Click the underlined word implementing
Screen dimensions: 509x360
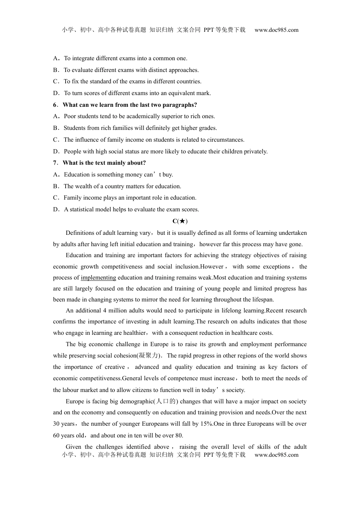(98, 278)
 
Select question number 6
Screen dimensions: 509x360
(55, 105)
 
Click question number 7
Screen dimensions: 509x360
(55, 163)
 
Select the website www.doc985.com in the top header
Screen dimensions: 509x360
(276, 30)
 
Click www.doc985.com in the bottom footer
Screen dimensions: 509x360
(276, 455)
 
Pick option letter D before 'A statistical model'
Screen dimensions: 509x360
(56, 209)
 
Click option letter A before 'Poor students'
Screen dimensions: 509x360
(56, 116)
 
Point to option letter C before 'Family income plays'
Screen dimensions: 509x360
(56, 198)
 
